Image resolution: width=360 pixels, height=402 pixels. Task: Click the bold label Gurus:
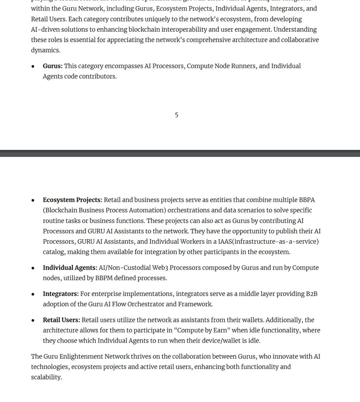pyautogui.click(x=53, y=66)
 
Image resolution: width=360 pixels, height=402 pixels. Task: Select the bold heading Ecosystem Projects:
pyautogui.click(x=72, y=200)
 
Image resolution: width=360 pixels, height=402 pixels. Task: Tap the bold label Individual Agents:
pyautogui.click(x=70, y=268)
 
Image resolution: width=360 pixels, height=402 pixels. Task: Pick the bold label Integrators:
pyautogui.click(x=61, y=294)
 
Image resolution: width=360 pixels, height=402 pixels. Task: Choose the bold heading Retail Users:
pyautogui.click(x=61, y=320)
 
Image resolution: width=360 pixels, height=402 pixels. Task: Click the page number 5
pyautogui.click(x=177, y=115)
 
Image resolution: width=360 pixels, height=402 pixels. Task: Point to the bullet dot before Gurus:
pyautogui.click(x=33, y=66)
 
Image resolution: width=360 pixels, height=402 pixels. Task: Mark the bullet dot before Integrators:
pyautogui.click(x=33, y=294)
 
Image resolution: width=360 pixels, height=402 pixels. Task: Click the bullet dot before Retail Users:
pyautogui.click(x=33, y=320)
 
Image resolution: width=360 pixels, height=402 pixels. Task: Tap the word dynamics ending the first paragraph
pyautogui.click(x=45, y=50)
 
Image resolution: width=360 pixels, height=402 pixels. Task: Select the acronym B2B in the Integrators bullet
pyautogui.click(x=311, y=294)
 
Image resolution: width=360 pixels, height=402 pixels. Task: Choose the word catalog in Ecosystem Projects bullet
pyautogui.click(x=54, y=252)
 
